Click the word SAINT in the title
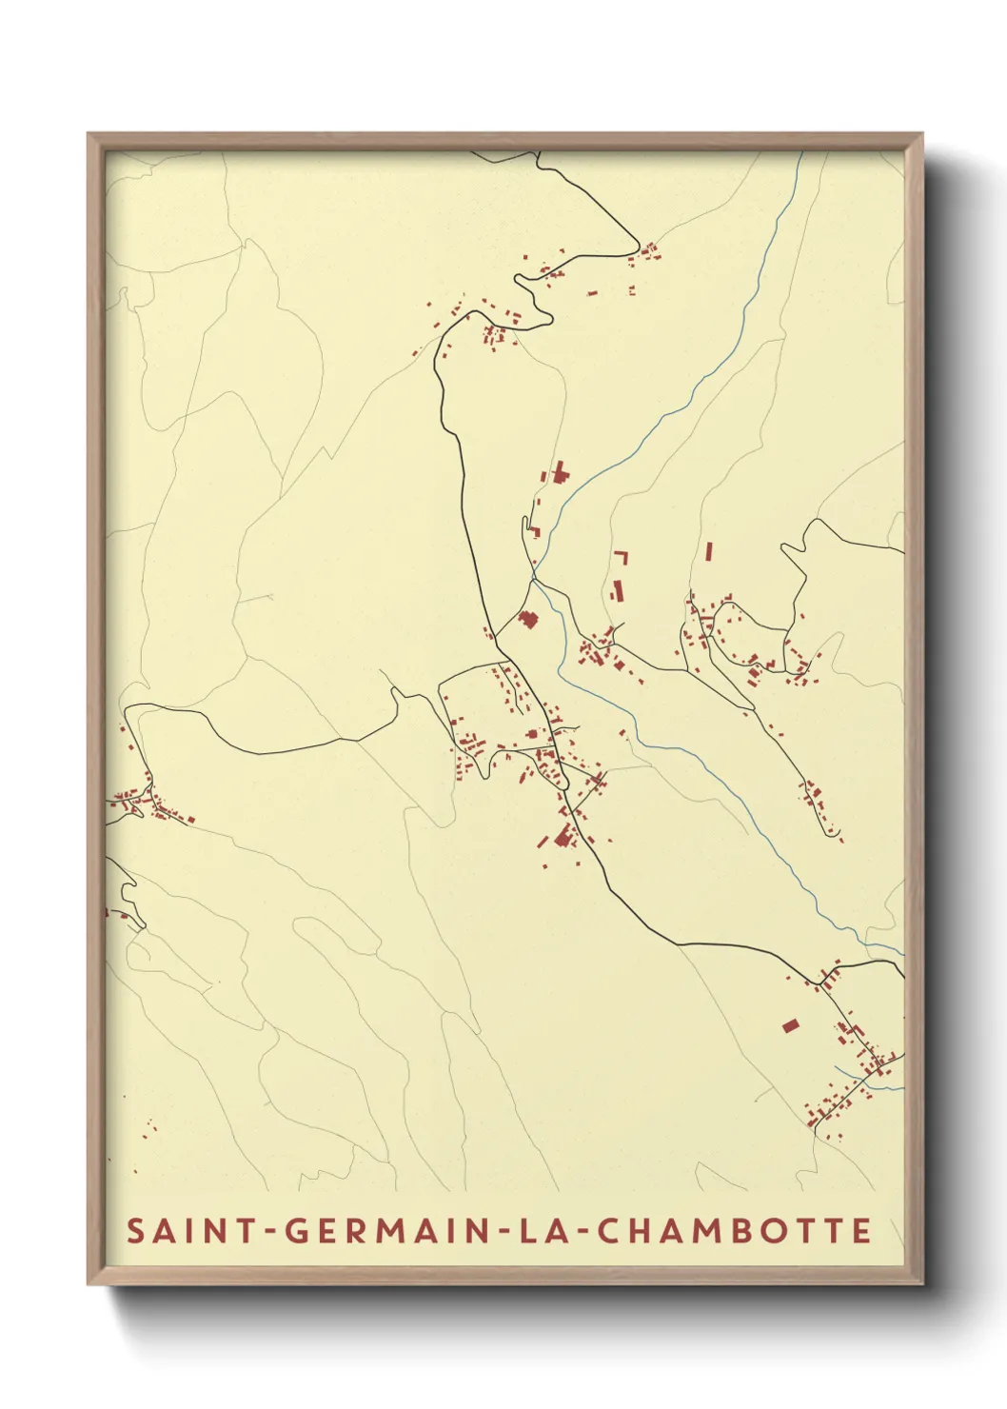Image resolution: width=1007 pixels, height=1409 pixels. tap(180, 1230)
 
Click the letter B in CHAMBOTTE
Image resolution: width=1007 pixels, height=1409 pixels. tap(737, 1230)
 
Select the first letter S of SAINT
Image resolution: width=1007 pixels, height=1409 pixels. tap(135, 1230)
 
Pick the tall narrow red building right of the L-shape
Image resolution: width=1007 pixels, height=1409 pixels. tap(709, 552)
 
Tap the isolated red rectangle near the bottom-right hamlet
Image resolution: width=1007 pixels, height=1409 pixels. tap(790, 1025)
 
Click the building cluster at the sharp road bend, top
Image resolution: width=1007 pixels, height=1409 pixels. tap(650, 252)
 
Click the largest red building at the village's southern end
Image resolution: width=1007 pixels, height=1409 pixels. tap(563, 837)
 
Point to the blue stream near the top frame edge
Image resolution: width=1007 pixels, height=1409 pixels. tap(796, 176)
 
